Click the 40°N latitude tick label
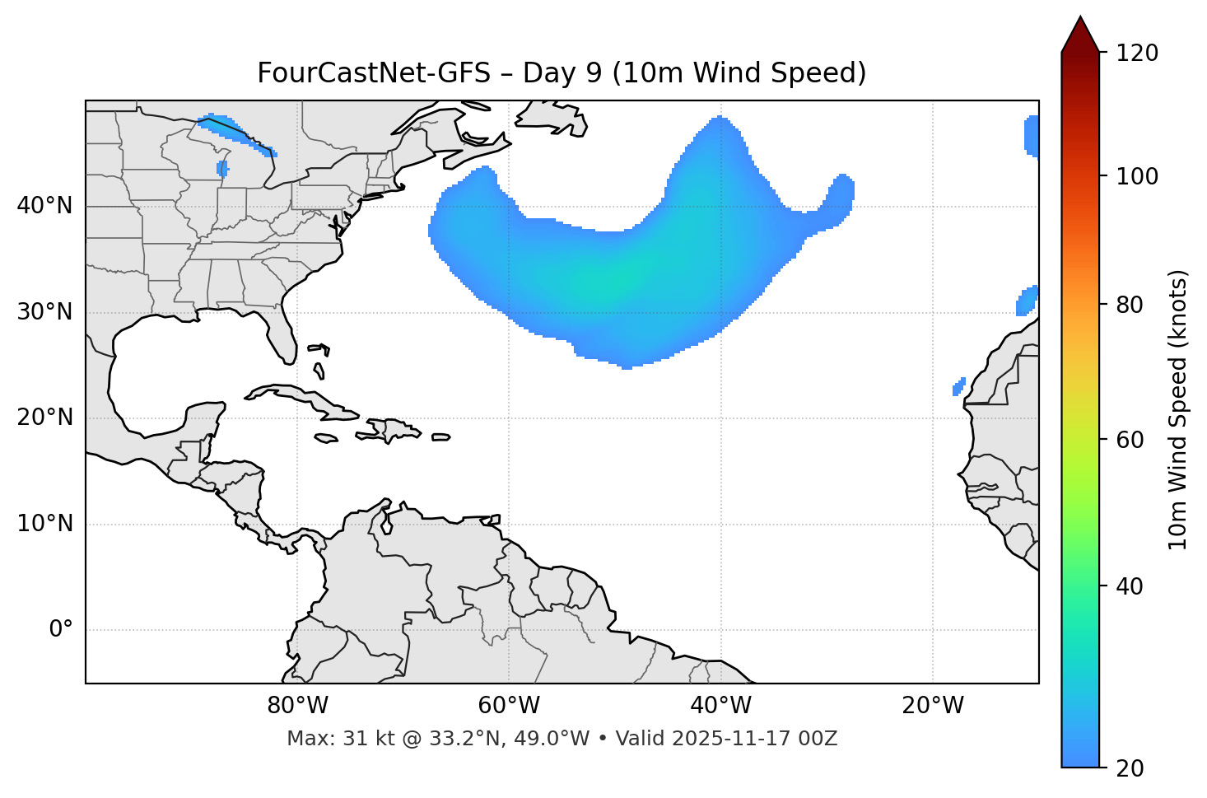coord(44,206)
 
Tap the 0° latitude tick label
coord(61,630)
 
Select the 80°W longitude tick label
coord(297,706)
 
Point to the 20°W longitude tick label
coord(933,706)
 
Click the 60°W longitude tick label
coord(509,706)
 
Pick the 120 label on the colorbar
coord(1137,54)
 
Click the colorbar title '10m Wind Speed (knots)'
coord(1178,409)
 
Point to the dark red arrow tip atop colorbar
coord(1080,33)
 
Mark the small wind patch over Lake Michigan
coord(221,168)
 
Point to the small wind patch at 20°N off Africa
coord(958,386)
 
